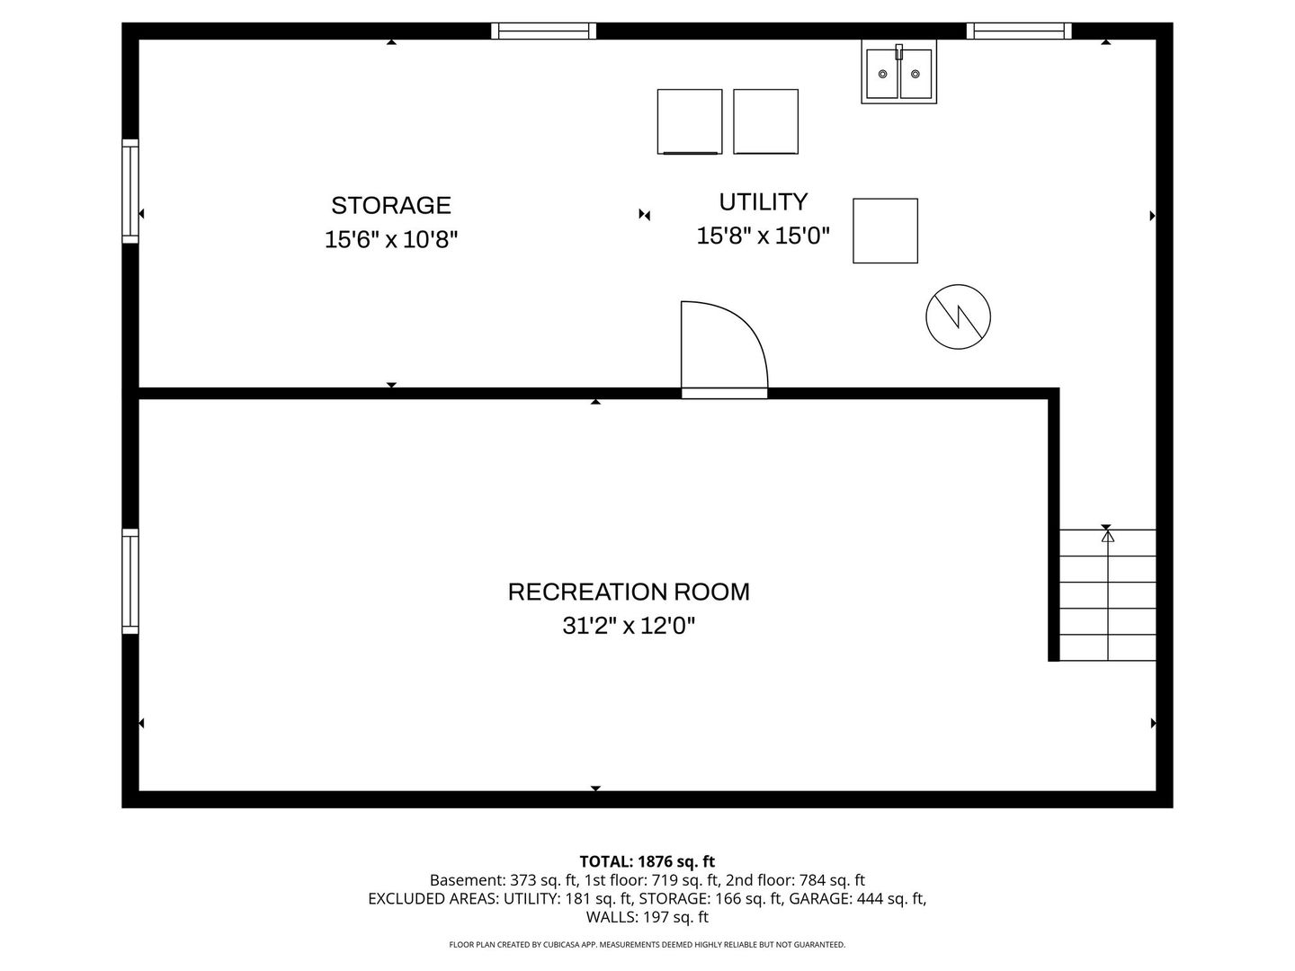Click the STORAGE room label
point(391,206)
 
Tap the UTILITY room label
point(763,201)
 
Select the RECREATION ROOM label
point(629,592)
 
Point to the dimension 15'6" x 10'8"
point(391,240)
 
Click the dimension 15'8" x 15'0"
point(763,236)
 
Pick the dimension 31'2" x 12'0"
point(629,625)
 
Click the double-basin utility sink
point(898,73)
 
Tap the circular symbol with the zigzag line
point(958,316)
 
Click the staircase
point(1107,595)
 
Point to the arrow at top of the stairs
point(1107,536)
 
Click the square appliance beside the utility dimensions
point(885,231)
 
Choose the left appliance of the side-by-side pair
point(690,121)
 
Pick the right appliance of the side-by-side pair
point(765,121)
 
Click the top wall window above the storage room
point(543,31)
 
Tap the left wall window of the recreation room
point(130,581)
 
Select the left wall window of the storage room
point(130,191)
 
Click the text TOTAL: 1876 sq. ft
point(647,862)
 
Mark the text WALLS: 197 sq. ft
point(647,917)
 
